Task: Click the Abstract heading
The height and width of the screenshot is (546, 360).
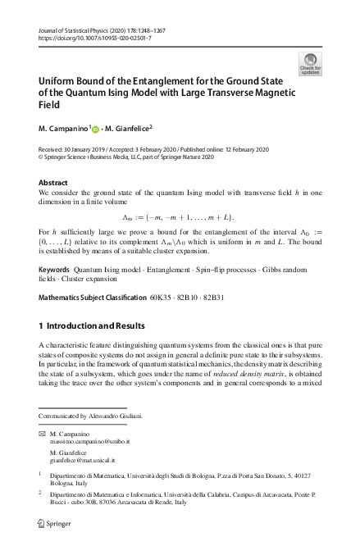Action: click(x=53, y=183)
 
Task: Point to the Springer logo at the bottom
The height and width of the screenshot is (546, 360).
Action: click(x=53, y=522)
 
